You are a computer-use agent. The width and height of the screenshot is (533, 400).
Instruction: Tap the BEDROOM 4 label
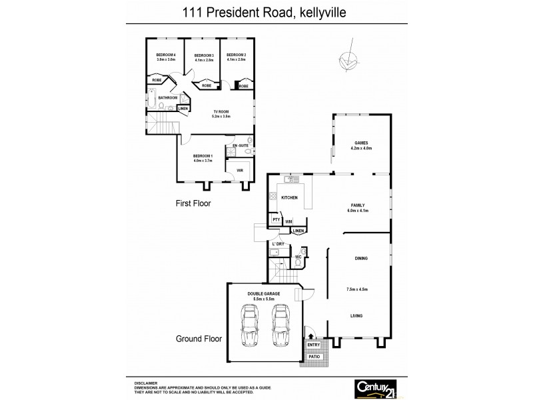point(166,55)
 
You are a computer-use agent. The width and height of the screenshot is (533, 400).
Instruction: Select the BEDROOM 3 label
point(204,55)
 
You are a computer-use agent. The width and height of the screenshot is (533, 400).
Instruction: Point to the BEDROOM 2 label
point(237,55)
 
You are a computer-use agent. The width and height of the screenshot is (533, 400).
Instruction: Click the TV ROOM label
point(221,111)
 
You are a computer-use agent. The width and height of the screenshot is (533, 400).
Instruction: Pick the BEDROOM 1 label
point(202,155)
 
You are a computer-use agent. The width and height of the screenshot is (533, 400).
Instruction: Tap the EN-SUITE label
point(239,145)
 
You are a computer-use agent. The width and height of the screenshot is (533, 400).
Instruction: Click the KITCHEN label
point(288,198)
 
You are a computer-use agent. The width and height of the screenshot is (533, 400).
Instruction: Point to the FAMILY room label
point(358,205)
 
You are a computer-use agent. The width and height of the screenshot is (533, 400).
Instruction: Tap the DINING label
point(362,258)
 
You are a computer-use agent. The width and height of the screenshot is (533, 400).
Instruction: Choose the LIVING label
point(356,315)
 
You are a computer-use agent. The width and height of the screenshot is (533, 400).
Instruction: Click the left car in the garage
point(251,326)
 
